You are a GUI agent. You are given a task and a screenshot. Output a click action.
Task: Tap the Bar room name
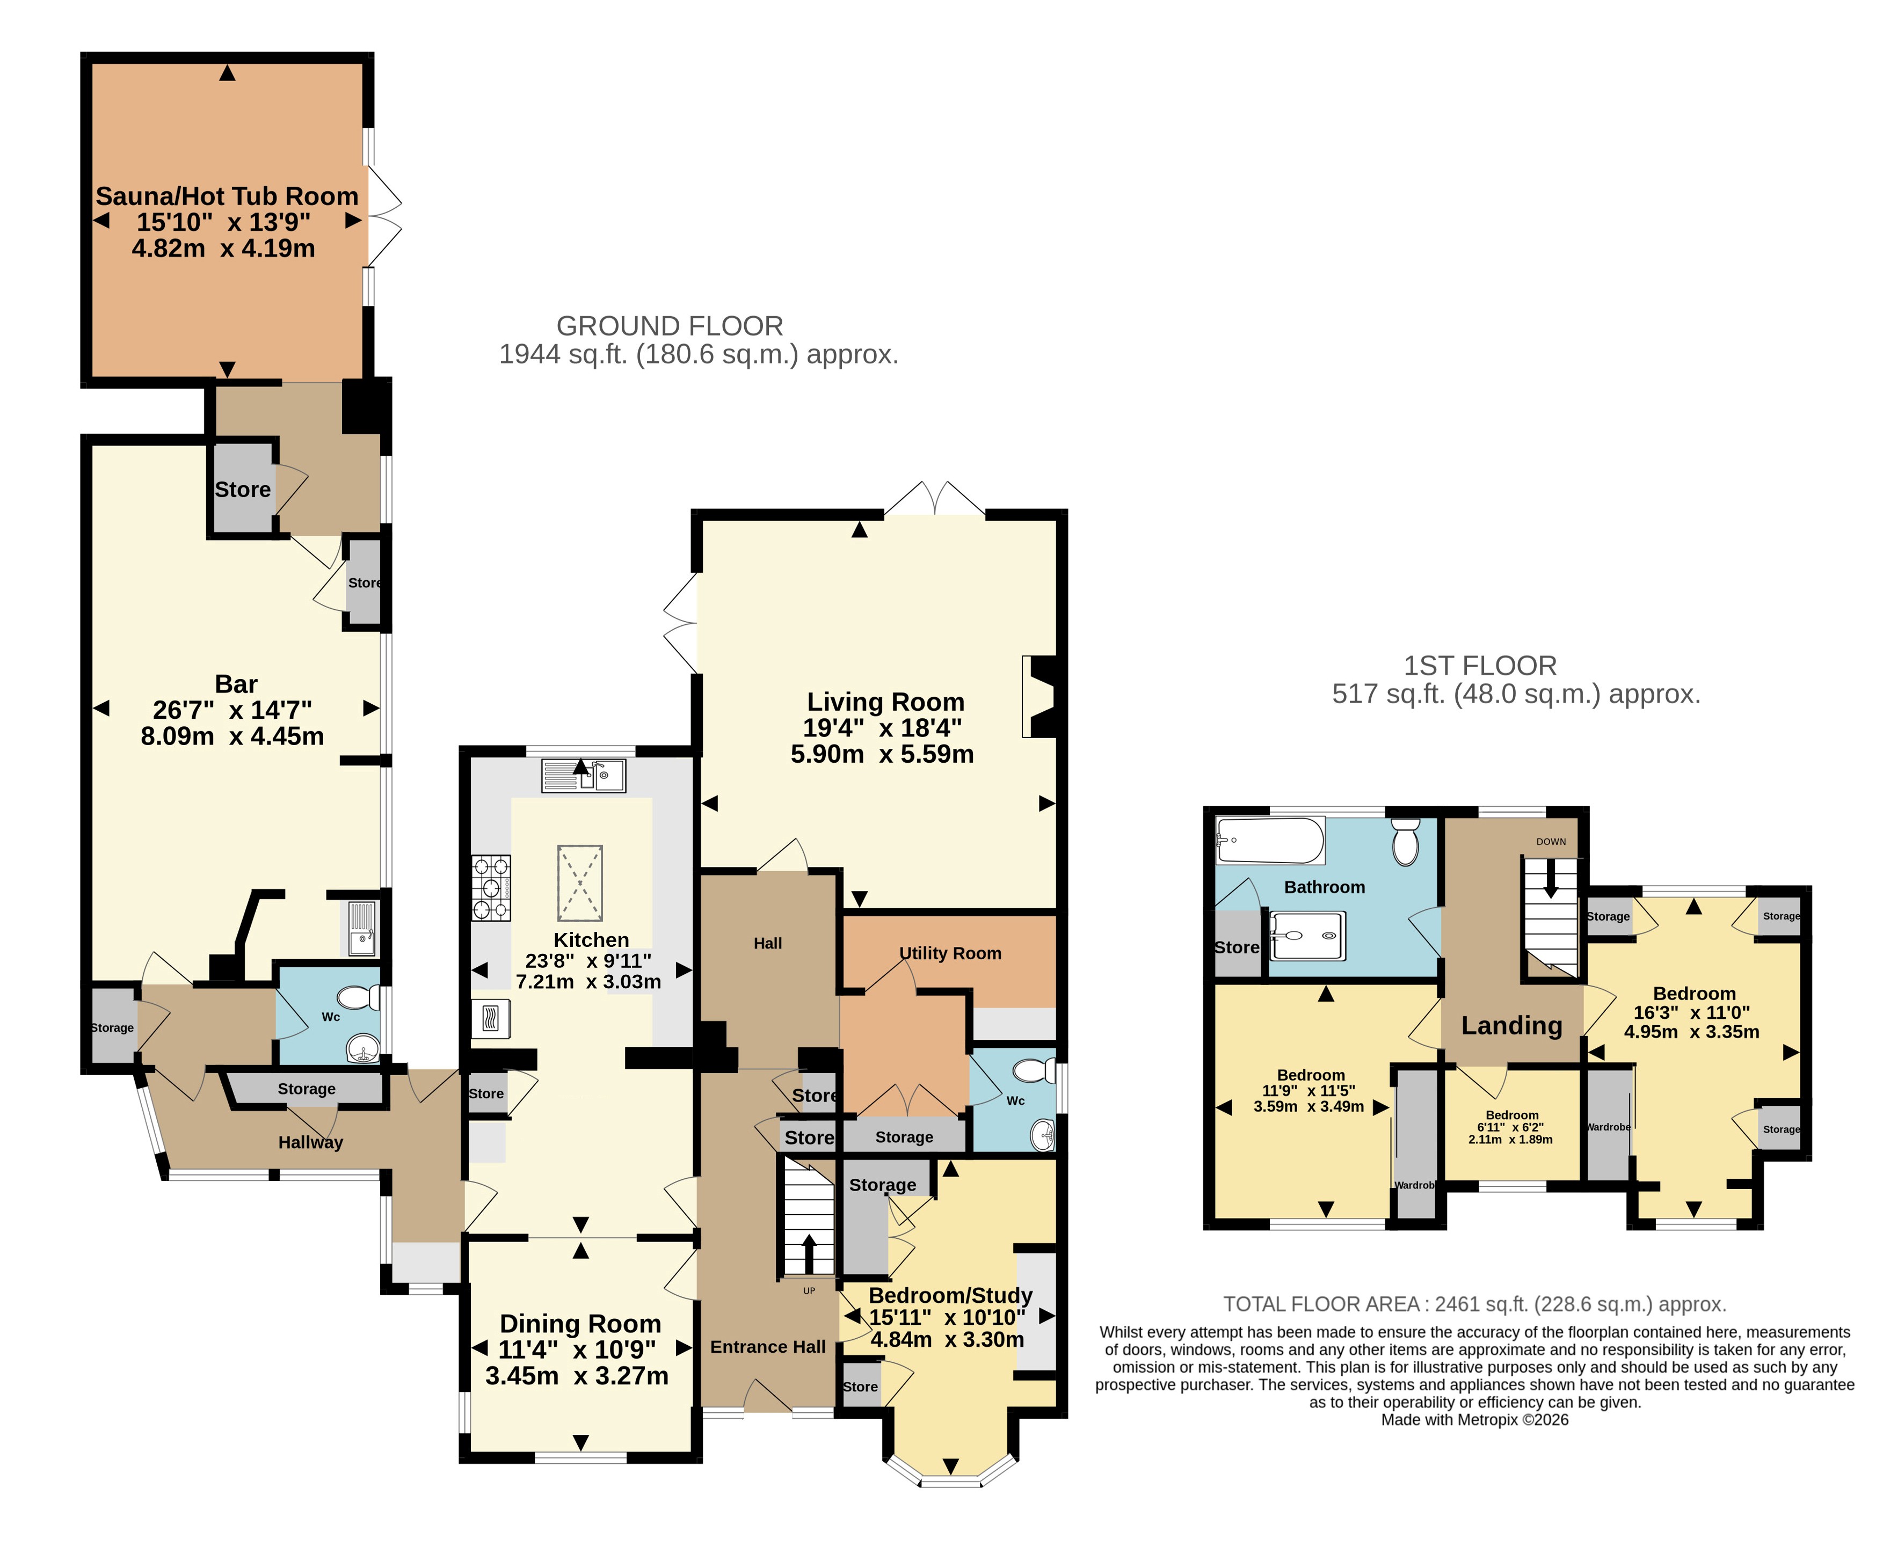point(236,684)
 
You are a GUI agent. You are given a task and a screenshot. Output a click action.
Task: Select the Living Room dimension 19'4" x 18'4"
point(883,728)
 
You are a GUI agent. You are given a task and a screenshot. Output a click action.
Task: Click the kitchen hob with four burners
point(491,888)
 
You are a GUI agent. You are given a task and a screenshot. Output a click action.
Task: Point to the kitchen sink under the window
point(583,775)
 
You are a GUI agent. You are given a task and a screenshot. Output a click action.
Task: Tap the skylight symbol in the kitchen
point(580,882)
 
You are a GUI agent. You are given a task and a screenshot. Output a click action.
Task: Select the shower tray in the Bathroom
point(1307,936)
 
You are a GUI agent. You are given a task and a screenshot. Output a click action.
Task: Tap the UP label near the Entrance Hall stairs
point(809,1291)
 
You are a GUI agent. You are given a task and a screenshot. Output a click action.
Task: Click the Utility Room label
point(950,953)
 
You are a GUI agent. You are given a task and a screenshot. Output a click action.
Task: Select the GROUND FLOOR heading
point(670,326)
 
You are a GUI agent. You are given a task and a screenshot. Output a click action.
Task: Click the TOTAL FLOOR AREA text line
point(1474,1304)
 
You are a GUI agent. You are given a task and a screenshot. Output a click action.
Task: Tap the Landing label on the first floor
point(1511,1025)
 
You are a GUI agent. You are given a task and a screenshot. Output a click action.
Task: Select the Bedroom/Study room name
point(951,1295)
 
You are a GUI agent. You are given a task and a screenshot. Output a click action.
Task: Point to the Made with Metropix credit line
point(1474,1420)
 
